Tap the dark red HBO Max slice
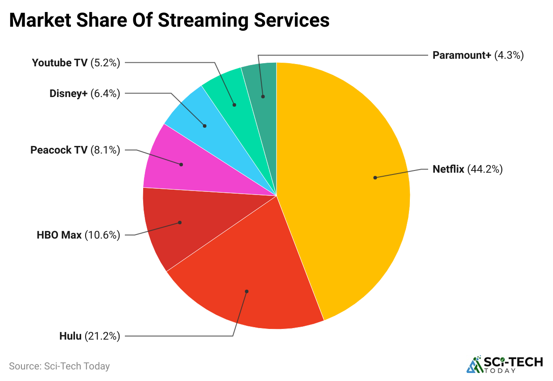(x=174, y=227)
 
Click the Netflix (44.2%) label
(x=467, y=169)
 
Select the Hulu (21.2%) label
(x=90, y=336)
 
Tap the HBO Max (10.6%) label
(x=78, y=235)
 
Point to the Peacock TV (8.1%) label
(x=75, y=150)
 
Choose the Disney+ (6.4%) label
(x=85, y=93)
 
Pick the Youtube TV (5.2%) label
(x=76, y=63)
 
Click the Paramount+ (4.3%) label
(x=478, y=55)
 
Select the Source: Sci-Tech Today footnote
(x=59, y=366)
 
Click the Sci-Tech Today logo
(x=505, y=364)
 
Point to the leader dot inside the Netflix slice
(x=375, y=178)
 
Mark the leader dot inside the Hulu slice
(x=247, y=292)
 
